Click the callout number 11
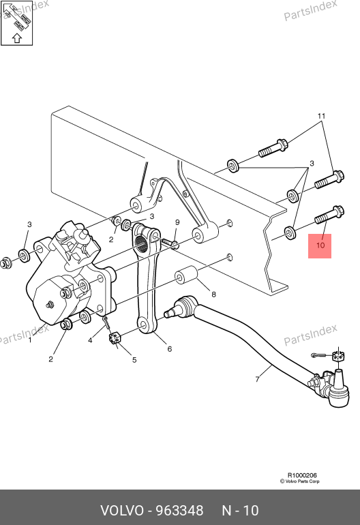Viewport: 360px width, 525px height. tap(321, 116)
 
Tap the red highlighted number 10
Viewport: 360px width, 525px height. tap(320, 245)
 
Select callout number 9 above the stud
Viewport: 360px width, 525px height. tap(177, 222)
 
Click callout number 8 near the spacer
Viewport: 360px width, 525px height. tap(213, 295)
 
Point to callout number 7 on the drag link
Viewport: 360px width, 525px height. tap(257, 379)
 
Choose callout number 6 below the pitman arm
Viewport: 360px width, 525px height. tap(170, 349)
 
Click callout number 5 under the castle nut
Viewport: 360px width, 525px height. tap(134, 360)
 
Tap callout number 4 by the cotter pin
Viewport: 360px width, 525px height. tap(90, 340)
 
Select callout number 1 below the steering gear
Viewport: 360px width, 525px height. tap(30, 340)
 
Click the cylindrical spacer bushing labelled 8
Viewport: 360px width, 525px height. tap(186, 275)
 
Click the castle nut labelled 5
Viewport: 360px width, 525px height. tap(115, 337)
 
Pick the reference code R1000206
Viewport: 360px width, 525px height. tap(302, 475)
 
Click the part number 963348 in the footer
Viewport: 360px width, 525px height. tap(180, 511)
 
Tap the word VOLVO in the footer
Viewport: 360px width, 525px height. tap(122, 511)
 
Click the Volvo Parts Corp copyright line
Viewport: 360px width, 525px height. tap(300, 481)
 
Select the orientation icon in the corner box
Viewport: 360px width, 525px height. tap(17, 22)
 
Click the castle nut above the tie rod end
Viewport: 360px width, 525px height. tap(340, 356)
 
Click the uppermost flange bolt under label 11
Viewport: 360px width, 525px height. tap(273, 149)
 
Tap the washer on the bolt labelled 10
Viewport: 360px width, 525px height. tap(290, 232)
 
